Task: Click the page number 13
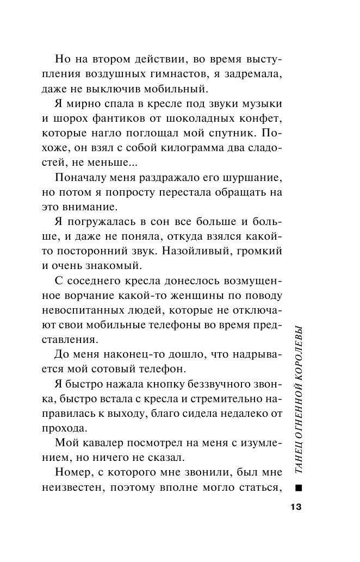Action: pyautogui.click(x=295, y=507)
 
